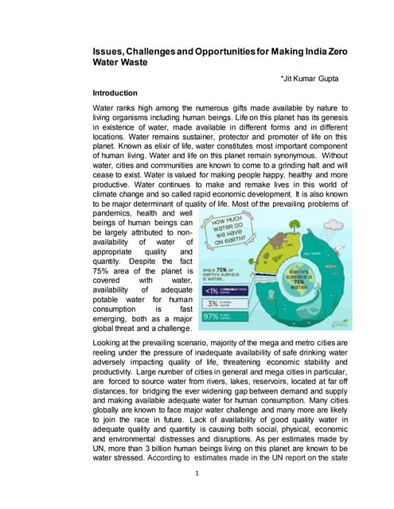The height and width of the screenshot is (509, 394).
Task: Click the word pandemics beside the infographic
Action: coord(115,214)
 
